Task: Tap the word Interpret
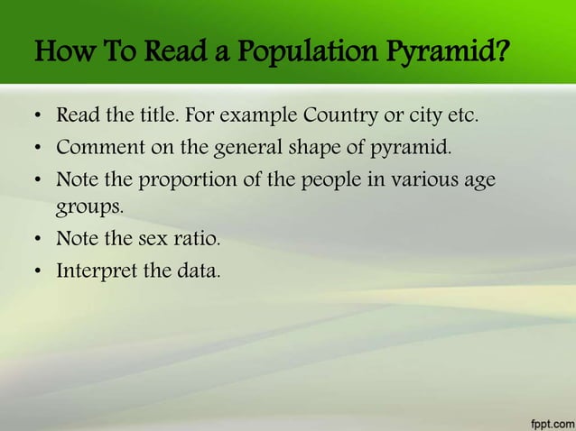pos(96,270)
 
